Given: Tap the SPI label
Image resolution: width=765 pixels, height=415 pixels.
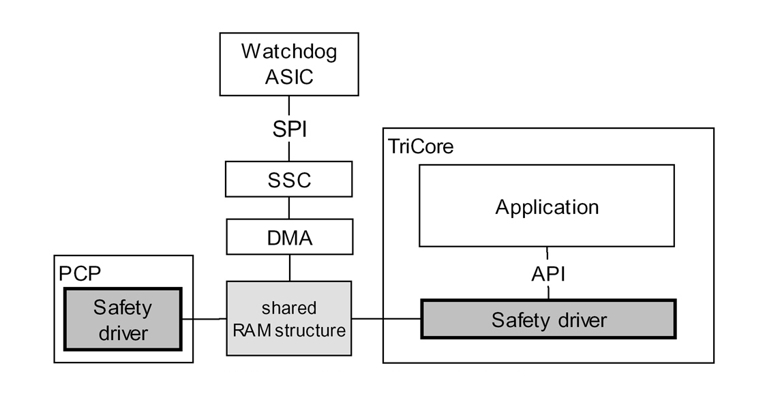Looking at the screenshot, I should pyautogui.click(x=289, y=128).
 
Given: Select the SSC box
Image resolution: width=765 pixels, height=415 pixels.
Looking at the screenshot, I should pyautogui.click(x=289, y=179).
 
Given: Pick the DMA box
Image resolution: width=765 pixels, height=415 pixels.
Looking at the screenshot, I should pyautogui.click(x=289, y=238).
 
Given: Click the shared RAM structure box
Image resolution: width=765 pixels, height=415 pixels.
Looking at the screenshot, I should pyautogui.click(x=289, y=318).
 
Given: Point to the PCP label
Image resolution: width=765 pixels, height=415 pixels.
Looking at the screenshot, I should pyautogui.click(x=79, y=273).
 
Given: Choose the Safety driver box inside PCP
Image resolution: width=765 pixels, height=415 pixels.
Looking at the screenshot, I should pyautogui.click(x=123, y=319).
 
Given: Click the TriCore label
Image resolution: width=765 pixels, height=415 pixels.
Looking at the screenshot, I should pyautogui.click(x=421, y=146).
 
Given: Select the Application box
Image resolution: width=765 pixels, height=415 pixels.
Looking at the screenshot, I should pyautogui.click(x=547, y=206).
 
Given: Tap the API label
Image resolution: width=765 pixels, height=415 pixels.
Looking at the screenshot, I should pyautogui.click(x=548, y=274).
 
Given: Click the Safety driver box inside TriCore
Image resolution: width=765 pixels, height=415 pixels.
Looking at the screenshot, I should pyautogui.click(x=548, y=319).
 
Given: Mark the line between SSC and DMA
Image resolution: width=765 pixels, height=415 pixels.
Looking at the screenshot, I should pyautogui.click(x=289, y=209).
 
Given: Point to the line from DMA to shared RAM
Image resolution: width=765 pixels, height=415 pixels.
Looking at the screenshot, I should pyautogui.click(x=289, y=267).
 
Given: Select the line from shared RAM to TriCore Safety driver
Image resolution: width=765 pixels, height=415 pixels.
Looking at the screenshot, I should pyautogui.click(x=386, y=318).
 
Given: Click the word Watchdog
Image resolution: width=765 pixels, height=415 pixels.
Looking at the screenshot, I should pyautogui.click(x=289, y=52).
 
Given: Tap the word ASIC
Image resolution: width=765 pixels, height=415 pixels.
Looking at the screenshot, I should pyautogui.click(x=289, y=76).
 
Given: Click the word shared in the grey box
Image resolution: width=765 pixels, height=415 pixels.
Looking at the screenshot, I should pyautogui.click(x=289, y=307).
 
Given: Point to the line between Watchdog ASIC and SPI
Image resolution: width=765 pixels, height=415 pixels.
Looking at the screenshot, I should pyautogui.click(x=289, y=106).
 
